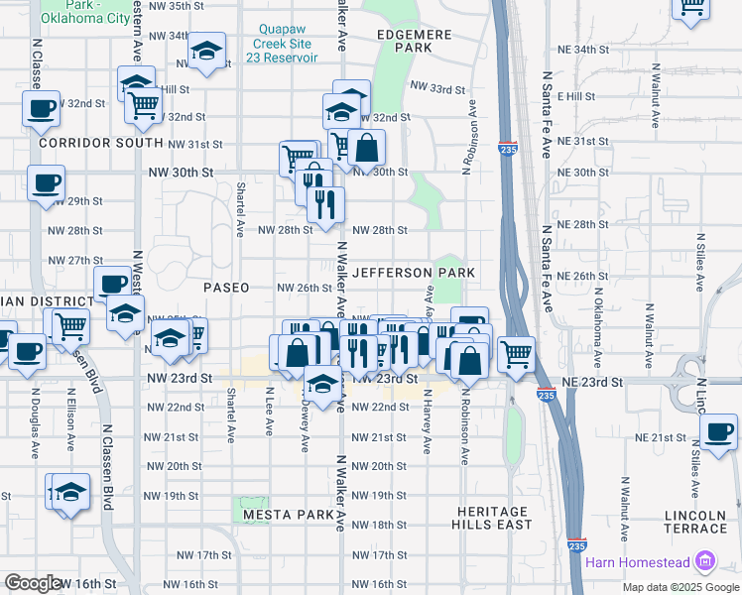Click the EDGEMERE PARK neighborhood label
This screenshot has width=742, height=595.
point(415,41)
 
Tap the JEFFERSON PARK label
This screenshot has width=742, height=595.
point(414,272)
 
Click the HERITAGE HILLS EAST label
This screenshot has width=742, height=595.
point(492,518)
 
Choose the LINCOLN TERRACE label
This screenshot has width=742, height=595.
point(695,523)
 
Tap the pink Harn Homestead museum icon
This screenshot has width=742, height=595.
point(705,561)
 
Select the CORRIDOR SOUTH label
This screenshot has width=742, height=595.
point(99,143)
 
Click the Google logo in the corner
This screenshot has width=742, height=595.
point(32,583)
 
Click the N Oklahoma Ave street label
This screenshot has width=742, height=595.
point(598,313)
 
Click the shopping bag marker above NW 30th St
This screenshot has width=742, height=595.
point(366,148)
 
